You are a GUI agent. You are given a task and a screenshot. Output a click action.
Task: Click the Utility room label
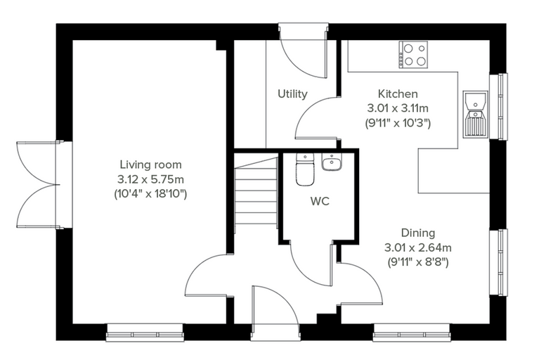coord(292,94)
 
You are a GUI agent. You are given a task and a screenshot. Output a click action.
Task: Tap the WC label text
coord(320,202)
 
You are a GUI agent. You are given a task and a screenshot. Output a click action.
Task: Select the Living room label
coord(150,165)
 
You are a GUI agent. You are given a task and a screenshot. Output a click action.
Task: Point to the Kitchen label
coord(398,94)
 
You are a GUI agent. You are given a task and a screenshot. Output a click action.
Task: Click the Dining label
coord(418,233)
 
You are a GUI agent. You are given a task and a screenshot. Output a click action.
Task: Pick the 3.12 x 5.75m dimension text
coord(150,179)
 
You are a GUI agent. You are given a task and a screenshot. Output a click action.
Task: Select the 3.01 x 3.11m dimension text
coord(398,108)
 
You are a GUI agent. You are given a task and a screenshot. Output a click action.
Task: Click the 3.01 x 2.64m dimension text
coord(418,247)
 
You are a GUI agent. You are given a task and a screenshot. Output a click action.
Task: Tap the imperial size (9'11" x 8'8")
coord(418,262)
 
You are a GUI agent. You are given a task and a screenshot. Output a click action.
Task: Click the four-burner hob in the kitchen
coord(413,55)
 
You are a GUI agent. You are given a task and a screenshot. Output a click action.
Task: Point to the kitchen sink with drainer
coord(475,114)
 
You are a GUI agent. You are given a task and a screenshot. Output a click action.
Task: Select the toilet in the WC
coord(305,169)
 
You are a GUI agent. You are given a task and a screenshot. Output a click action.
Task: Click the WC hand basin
coord(331,162)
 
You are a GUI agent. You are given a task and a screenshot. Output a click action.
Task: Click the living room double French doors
coord(38,184)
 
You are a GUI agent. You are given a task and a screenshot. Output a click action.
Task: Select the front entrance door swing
coord(275,309)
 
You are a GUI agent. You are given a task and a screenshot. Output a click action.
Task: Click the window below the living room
coord(145,333)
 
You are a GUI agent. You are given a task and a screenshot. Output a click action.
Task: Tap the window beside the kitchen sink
coord(499,106)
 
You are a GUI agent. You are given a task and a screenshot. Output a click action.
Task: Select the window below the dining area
coord(412,333)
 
